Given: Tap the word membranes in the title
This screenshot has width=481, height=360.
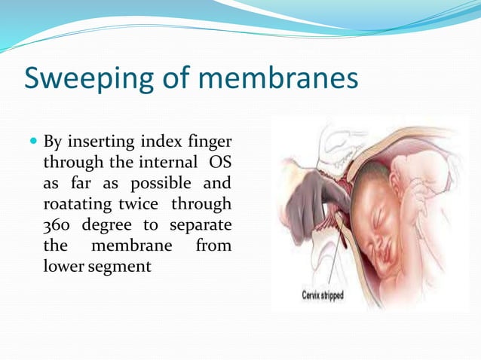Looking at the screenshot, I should (x=264, y=78).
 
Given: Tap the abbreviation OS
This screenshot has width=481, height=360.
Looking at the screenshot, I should (x=220, y=162).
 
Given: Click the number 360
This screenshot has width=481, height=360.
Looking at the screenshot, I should (x=58, y=225).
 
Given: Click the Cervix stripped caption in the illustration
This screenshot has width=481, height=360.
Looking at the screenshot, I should (x=323, y=295).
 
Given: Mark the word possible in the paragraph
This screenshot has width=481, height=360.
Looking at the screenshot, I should (x=166, y=183).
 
